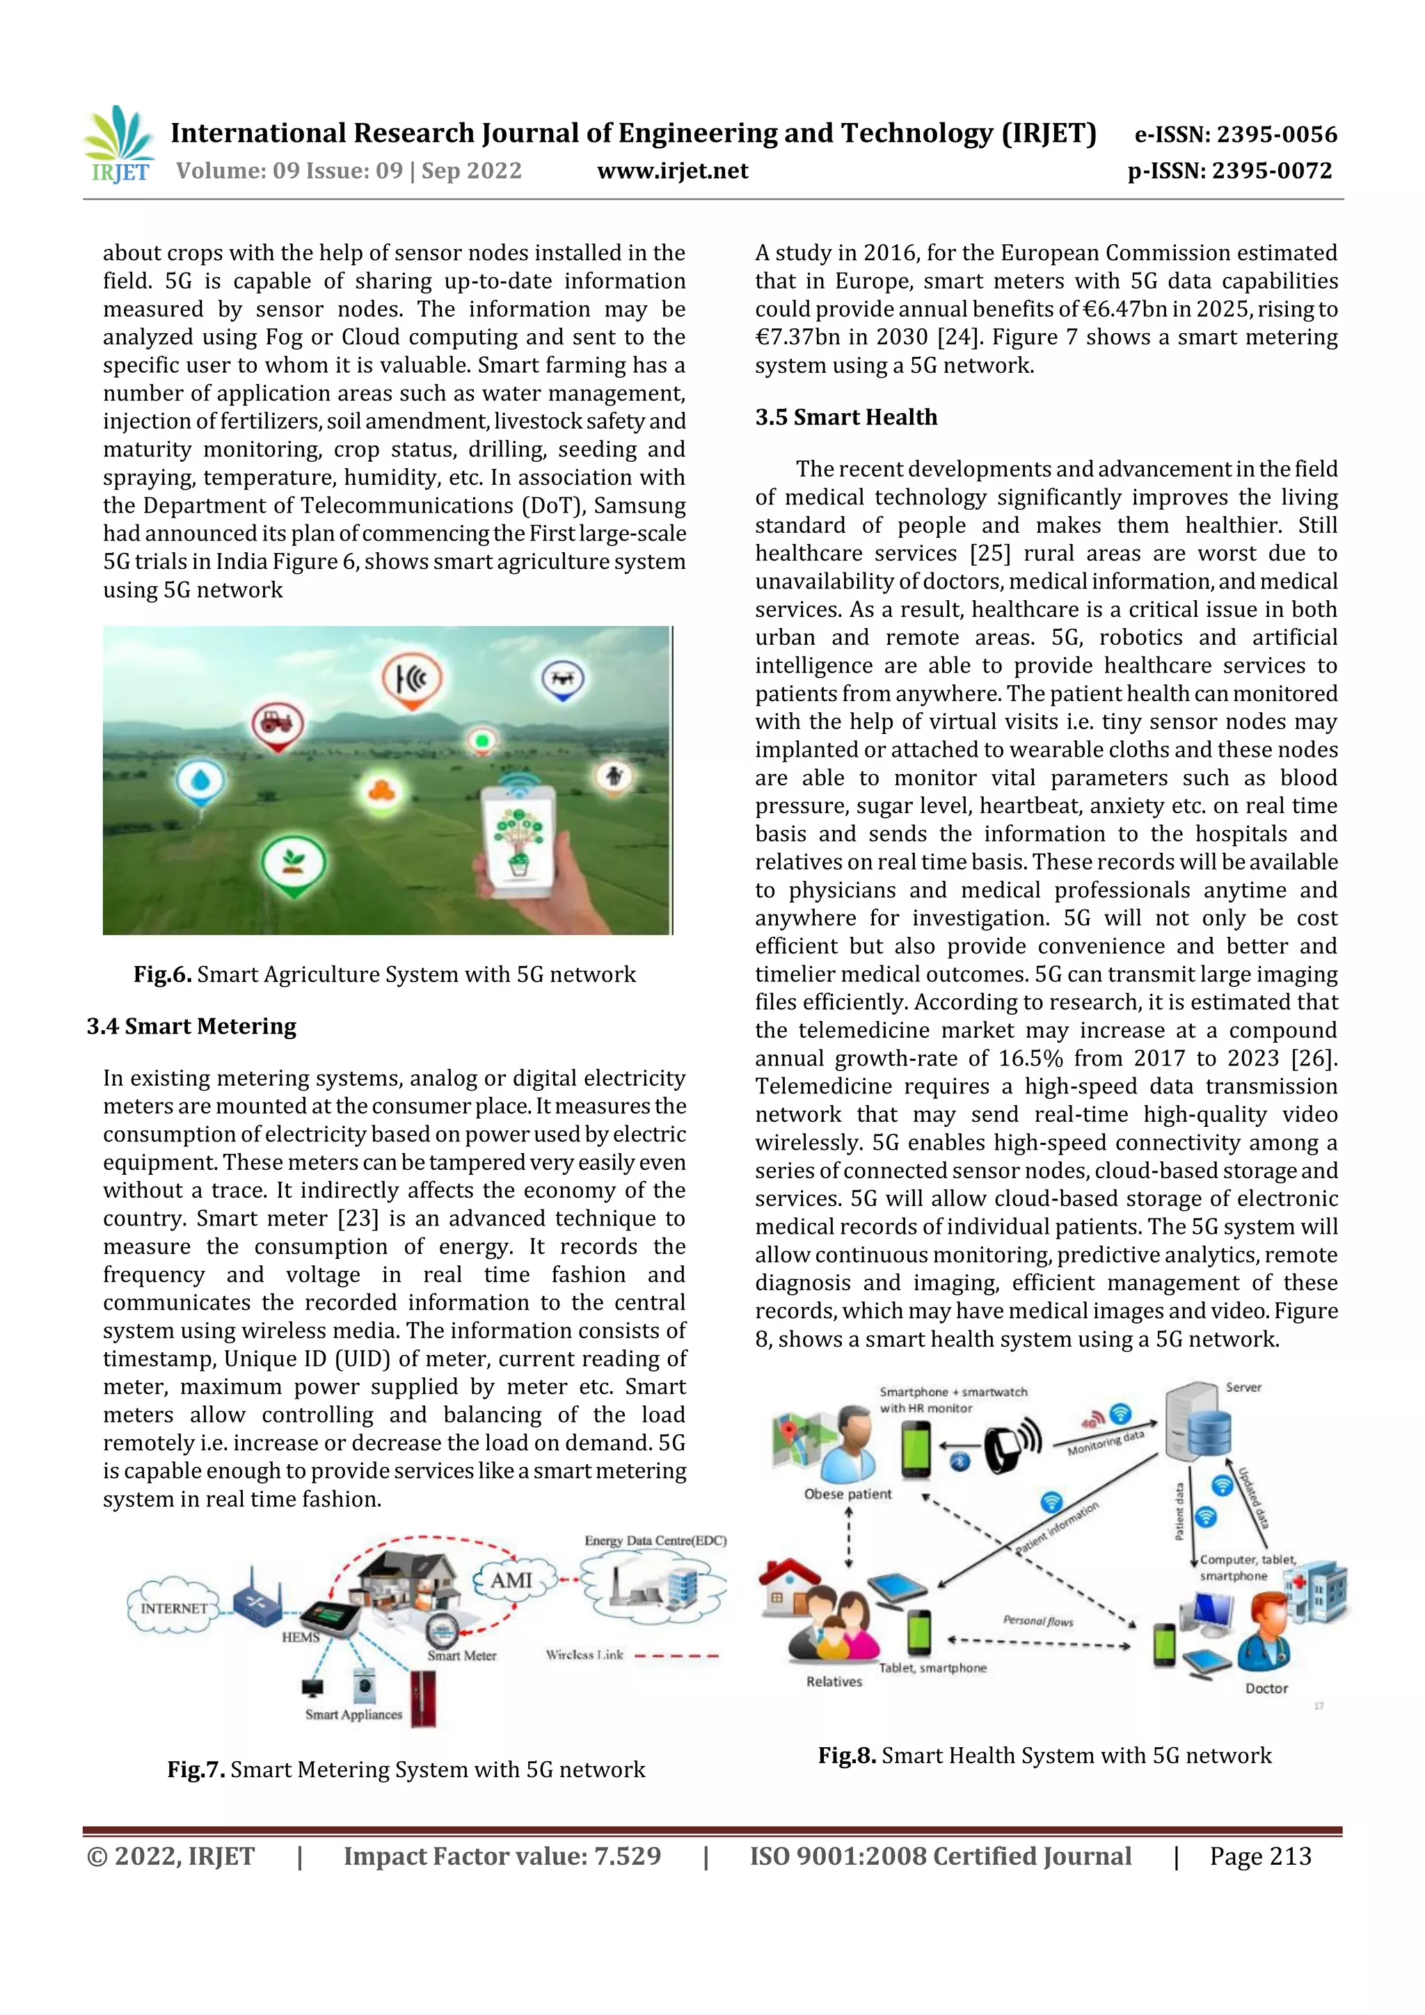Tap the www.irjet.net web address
click(673, 171)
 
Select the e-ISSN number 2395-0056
click(1235, 134)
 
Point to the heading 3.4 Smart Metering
click(191, 1026)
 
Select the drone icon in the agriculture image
click(562, 680)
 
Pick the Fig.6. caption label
click(162, 974)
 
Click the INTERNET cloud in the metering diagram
click(174, 1608)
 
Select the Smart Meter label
click(462, 1655)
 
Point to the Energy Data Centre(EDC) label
click(655, 1540)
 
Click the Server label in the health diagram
click(1243, 1388)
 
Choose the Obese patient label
click(847, 1494)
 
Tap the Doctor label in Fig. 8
click(1266, 1689)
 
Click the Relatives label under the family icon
click(834, 1682)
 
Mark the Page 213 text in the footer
click(1260, 1856)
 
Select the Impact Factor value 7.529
click(502, 1856)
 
